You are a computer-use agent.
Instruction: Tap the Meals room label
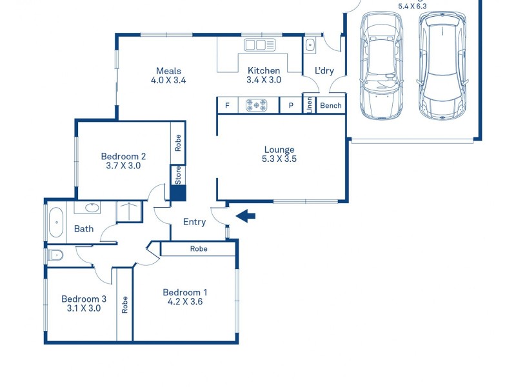coord(168,71)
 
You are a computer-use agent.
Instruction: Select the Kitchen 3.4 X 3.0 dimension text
coord(264,81)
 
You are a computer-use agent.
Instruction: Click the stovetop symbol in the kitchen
coord(258,105)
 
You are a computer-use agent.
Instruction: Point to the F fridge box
coord(227,105)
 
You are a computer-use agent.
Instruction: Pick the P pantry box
coord(291,105)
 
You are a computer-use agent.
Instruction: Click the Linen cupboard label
coord(309,104)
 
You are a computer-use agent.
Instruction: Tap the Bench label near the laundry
coord(331,105)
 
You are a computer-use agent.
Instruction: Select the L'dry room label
coord(324,71)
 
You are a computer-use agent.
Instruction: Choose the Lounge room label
coord(279,150)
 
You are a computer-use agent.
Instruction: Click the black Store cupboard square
coord(178,193)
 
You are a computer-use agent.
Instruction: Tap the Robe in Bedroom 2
coord(178,143)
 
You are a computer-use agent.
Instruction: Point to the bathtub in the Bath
coord(55,222)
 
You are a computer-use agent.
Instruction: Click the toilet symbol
coord(55,255)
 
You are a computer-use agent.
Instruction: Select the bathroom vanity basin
coord(91,208)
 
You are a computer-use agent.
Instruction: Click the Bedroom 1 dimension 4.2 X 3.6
coord(184,301)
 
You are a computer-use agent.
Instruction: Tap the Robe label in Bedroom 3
coord(124,304)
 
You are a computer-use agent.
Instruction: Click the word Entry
coord(194,222)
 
